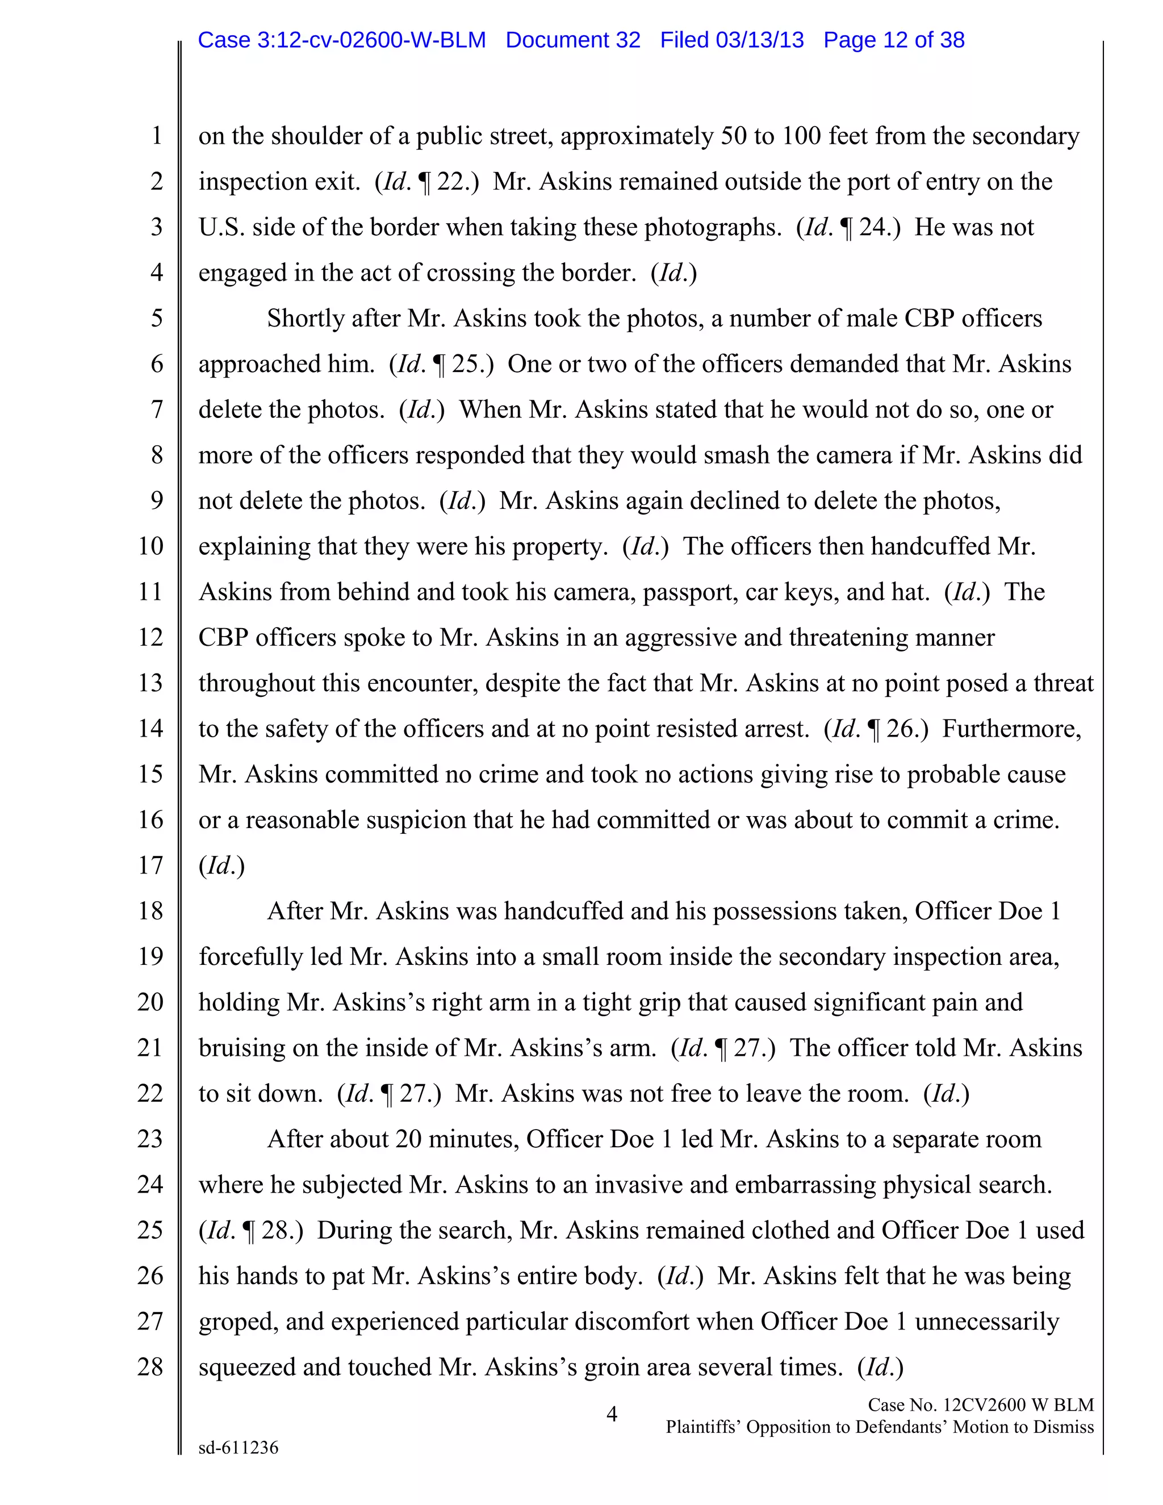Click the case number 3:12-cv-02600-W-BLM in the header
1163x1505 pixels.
342,40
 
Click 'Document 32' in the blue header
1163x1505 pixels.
572,40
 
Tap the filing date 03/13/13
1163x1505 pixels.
759,40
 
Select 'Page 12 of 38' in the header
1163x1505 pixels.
894,40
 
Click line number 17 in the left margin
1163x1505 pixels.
150,866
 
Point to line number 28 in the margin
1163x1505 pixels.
150,1366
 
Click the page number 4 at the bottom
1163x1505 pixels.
611,1414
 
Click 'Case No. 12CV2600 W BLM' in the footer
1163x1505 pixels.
980,1405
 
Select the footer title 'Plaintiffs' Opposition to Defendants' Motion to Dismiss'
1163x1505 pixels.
879,1427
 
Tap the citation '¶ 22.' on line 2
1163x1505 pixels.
448,182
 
